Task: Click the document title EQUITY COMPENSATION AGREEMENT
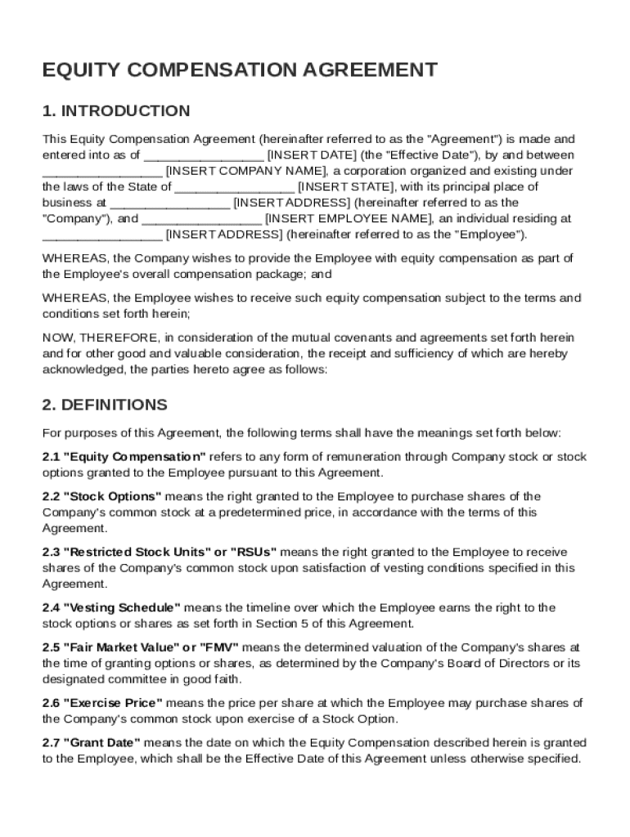240,70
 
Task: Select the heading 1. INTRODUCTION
116,111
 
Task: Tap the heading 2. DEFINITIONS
105,405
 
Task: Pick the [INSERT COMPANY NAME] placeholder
246,171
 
